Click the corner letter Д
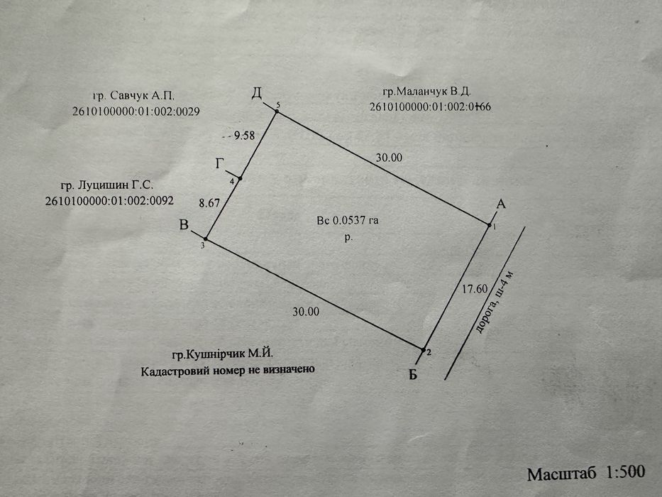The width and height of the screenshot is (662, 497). [257, 92]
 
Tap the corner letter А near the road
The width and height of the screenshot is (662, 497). [500, 204]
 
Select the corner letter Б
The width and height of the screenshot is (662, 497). [412, 375]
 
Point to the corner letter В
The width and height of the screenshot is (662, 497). [184, 226]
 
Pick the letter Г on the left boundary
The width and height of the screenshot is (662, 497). [220, 164]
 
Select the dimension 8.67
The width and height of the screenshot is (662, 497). [209, 202]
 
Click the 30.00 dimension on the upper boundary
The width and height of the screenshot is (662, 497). [389, 157]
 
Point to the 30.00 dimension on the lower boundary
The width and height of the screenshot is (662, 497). [306, 311]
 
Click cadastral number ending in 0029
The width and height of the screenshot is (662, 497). [136, 111]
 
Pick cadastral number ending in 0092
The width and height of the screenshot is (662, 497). [109, 201]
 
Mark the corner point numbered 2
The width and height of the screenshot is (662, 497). [424, 350]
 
